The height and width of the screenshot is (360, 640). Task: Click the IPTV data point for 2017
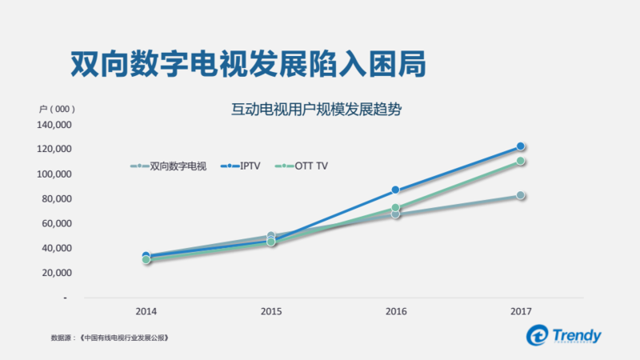[x=520, y=146]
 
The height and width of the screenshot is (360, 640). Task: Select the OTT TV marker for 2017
[x=520, y=161]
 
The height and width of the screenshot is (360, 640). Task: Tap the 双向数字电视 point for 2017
[x=520, y=195]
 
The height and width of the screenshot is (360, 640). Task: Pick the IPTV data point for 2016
[x=395, y=190]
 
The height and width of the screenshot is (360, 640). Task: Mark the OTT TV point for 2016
[x=395, y=208]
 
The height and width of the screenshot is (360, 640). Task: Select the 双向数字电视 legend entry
[x=169, y=166]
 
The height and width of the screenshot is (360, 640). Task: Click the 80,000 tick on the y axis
[x=57, y=198]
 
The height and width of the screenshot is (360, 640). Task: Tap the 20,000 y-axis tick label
[x=57, y=272]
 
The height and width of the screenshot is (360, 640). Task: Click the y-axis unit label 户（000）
[x=57, y=109]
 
